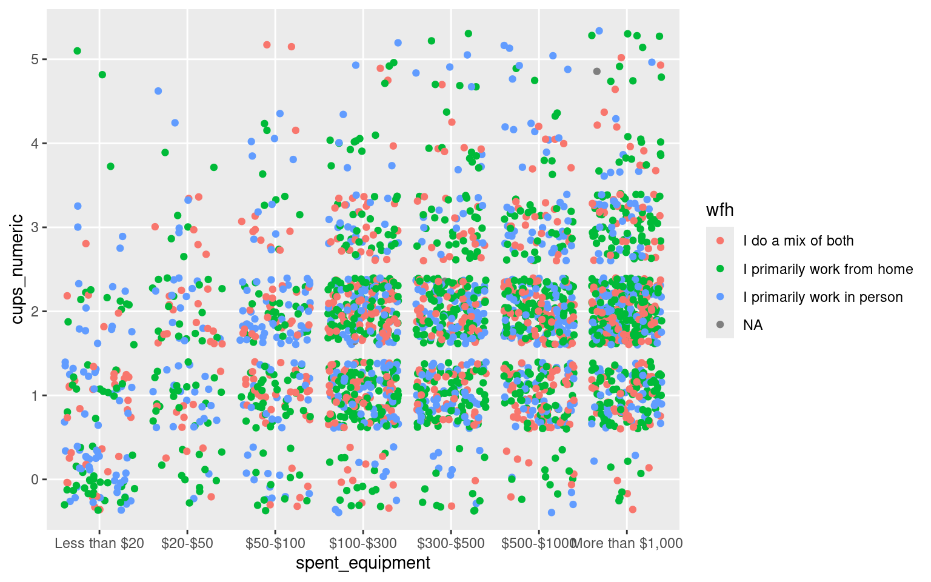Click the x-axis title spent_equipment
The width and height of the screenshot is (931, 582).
(x=362, y=563)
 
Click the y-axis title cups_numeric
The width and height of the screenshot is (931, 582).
(x=18, y=269)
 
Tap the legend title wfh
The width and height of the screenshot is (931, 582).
(x=719, y=210)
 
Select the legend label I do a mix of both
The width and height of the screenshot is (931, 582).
(x=798, y=241)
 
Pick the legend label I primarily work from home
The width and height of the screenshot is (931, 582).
(x=828, y=269)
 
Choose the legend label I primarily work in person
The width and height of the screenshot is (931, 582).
(x=823, y=297)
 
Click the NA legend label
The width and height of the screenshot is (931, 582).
(x=753, y=326)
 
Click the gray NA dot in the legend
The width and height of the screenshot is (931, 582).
(x=720, y=325)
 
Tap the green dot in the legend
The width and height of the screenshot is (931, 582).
(x=720, y=269)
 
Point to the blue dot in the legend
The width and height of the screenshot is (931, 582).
(x=720, y=297)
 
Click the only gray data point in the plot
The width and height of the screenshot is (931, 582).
(x=596, y=72)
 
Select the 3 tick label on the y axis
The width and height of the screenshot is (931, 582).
(x=35, y=227)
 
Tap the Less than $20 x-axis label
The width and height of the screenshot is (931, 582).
(x=99, y=543)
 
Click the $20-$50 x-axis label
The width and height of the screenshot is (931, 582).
(x=187, y=543)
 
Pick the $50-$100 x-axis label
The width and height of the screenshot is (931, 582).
(x=275, y=543)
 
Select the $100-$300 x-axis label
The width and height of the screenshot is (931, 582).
(x=362, y=543)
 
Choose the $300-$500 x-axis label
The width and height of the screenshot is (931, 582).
(x=450, y=543)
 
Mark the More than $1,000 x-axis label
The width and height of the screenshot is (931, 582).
(x=627, y=543)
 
